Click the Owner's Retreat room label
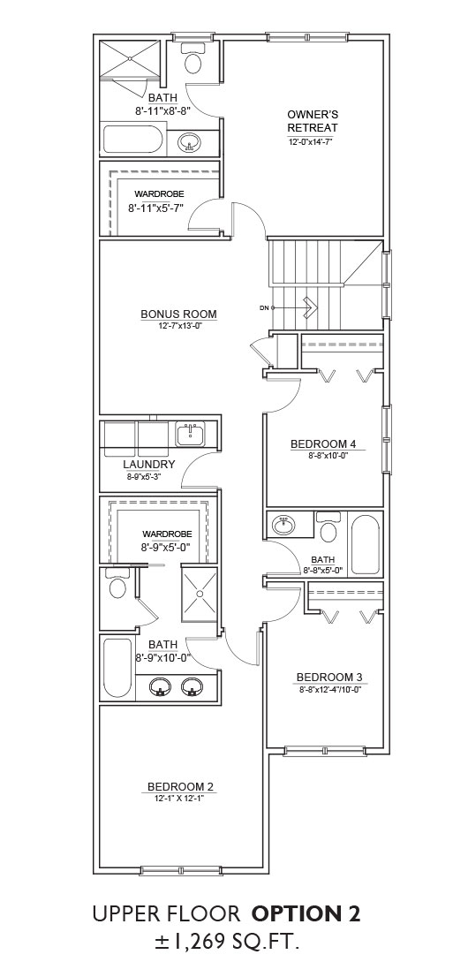click(x=313, y=121)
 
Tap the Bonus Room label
click(x=178, y=314)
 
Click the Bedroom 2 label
click(x=180, y=786)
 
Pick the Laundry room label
click(x=149, y=465)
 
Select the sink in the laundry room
click(x=191, y=434)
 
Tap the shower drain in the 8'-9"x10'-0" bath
click(x=199, y=594)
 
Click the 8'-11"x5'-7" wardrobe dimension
click(x=155, y=208)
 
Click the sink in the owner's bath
click(x=189, y=143)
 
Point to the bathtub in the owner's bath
click(x=132, y=139)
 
